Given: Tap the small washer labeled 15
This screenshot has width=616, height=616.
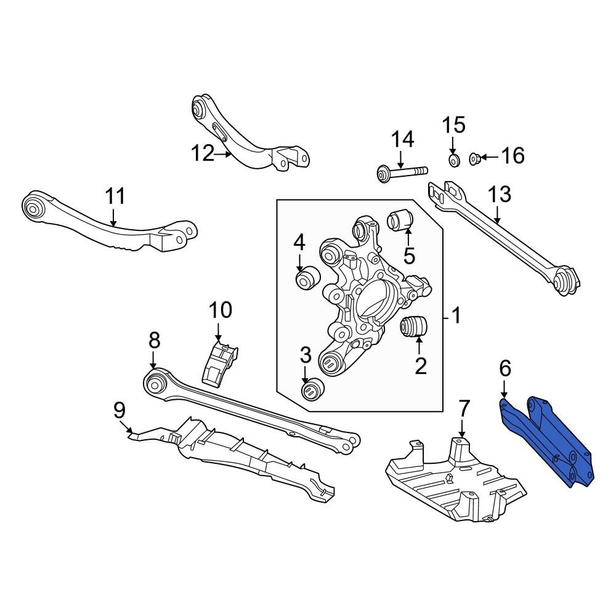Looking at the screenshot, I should tap(452, 161).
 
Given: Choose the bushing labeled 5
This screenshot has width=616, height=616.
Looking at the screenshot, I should tap(400, 220).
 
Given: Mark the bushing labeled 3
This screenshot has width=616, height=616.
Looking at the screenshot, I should tap(313, 390).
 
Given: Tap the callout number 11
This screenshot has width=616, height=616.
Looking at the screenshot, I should tap(115, 197).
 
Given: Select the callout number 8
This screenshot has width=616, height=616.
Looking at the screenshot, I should tap(154, 339).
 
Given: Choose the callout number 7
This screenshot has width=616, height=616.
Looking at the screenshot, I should tap(464, 408).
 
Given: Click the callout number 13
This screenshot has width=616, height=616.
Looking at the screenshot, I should tap(500, 195).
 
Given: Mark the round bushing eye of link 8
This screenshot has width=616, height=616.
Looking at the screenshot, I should tap(155, 384).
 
